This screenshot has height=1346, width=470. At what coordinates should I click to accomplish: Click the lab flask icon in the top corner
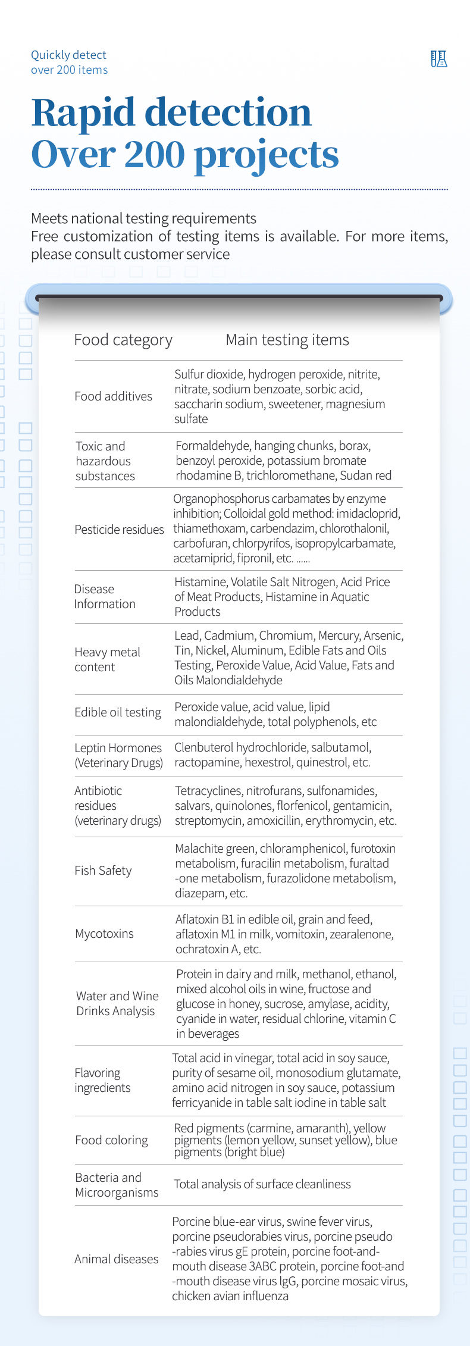pos(438,59)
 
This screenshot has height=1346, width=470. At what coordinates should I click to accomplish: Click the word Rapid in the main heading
pos(83,112)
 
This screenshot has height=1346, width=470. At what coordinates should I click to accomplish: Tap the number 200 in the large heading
pos(154,155)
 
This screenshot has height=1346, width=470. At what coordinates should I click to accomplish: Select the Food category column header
pos(123,340)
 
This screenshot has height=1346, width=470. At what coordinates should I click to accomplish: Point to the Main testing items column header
pos(287,340)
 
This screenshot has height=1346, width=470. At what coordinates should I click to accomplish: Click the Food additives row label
pos(113,396)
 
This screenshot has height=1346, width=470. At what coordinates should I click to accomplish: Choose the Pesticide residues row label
pos(119,530)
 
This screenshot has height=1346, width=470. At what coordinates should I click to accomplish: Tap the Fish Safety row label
pos(103,871)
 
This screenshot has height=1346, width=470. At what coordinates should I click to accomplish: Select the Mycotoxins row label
pos(104,934)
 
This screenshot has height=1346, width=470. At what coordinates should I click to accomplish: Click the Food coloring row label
pos(111,1140)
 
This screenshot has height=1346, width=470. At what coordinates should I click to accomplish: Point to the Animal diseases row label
pos(116,1259)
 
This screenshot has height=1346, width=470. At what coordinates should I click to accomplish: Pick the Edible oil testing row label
pos(118,712)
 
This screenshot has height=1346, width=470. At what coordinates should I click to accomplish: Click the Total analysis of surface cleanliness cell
pos(262,1184)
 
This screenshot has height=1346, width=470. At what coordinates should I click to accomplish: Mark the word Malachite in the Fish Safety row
pos(198,849)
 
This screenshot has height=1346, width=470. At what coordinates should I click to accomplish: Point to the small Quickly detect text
pos(68,55)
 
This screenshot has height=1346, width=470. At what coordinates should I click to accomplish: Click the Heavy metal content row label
pos(107,659)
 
